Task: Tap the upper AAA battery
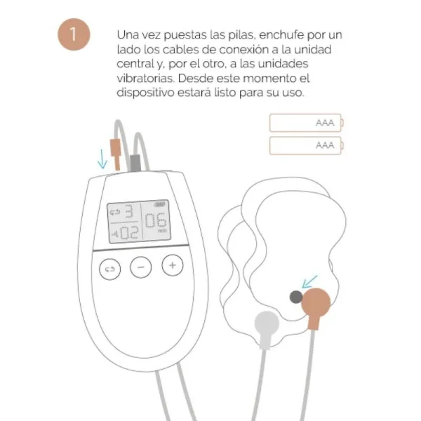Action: pyautogui.click(x=307, y=123)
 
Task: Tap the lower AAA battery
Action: pyautogui.click(x=307, y=146)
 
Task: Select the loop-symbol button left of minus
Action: pyautogui.click(x=111, y=268)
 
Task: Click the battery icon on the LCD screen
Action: pyautogui.click(x=161, y=203)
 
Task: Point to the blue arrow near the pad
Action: pyautogui.click(x=307, y=283)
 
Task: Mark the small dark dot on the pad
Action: pyautogui.click(x=296, y=298)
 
